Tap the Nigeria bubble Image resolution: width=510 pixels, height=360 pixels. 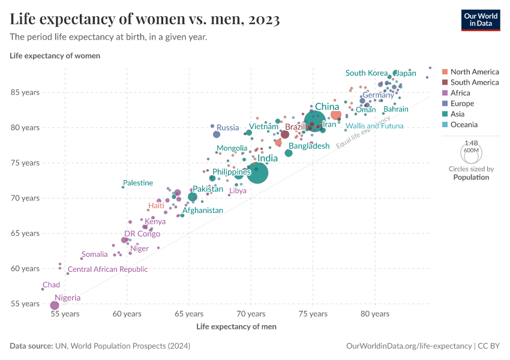(x=55, y=305)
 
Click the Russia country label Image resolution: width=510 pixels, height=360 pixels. (x=227, y=127)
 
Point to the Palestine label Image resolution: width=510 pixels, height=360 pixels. (x=138, y=183)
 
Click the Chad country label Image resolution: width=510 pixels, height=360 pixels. (x=51, y=285)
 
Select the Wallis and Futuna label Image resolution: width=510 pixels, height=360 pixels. (x=374, y=126)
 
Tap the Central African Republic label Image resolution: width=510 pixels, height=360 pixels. (x=107, y=269)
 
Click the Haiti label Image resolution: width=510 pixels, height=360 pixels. (x=156, y=206)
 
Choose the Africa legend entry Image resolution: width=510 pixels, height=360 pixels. (x=460, y=93)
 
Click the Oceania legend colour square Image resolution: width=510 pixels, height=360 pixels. (x=445, y=125)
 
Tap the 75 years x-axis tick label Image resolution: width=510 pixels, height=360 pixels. (x=313, y=314)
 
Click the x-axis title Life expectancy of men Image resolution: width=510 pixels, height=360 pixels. (x=236, y=326)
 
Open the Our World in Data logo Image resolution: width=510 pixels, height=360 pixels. (x=480, y=19)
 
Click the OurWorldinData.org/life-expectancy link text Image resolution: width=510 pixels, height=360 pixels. (x=409, y=346)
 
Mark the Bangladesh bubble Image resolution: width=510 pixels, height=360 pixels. (x=289, y=154)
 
